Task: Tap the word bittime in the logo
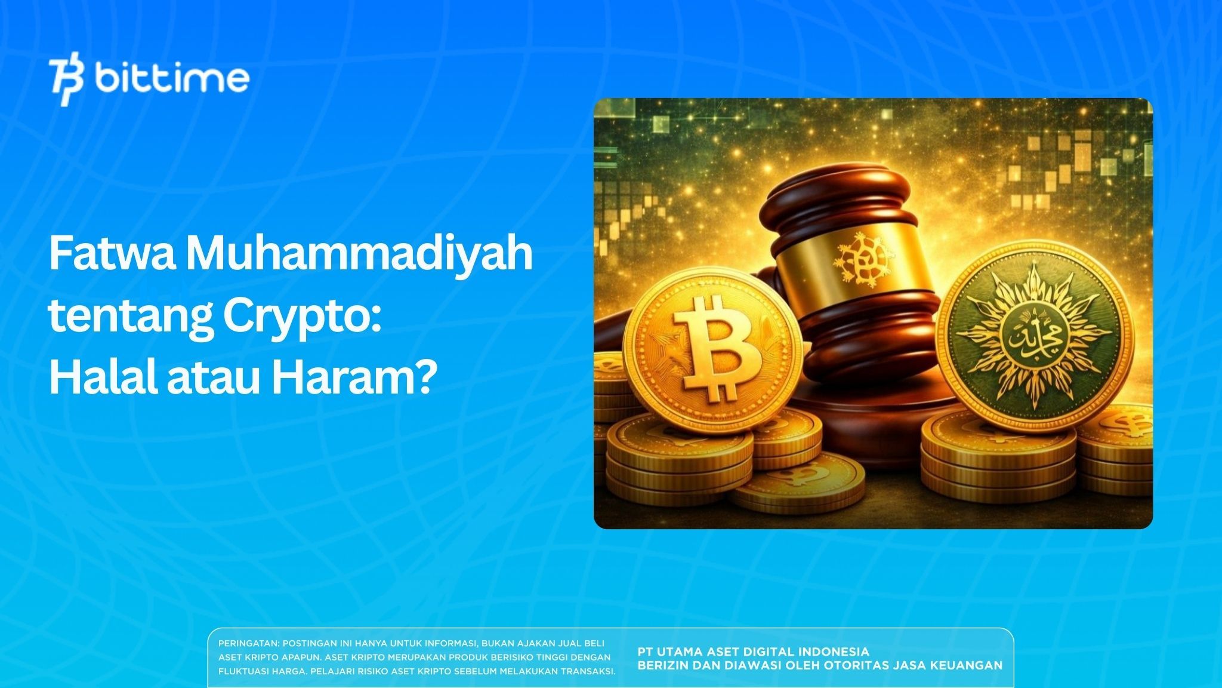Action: tap(172, 79)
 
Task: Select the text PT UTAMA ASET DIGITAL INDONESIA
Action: tap(753, 652)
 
